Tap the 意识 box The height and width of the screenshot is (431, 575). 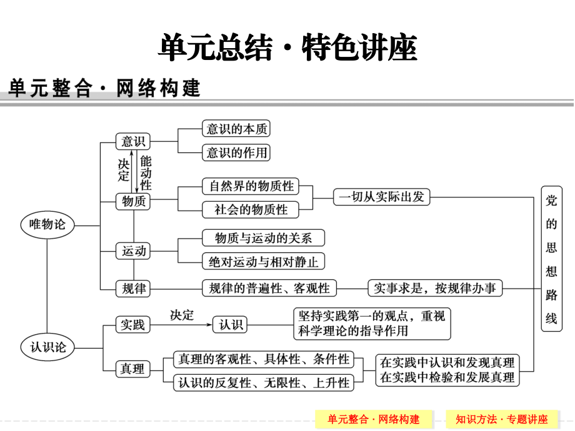coord(133,142)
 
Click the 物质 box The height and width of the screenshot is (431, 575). coord(133,201)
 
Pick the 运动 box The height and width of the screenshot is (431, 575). coord(133,251)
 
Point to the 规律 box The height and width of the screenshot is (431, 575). coord(133,288)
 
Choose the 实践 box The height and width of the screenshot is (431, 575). coord(133,324)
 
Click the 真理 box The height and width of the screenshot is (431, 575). coord(133,369)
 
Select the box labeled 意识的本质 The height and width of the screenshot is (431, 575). coord(236,129)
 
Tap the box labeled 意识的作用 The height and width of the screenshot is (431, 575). coord(236,152)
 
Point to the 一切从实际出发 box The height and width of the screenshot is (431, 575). coord(381,197)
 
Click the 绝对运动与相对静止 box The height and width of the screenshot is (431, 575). coord(263,261)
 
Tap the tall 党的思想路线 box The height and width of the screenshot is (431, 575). coord(551,259)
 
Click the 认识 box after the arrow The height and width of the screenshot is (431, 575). coord(230,324)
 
